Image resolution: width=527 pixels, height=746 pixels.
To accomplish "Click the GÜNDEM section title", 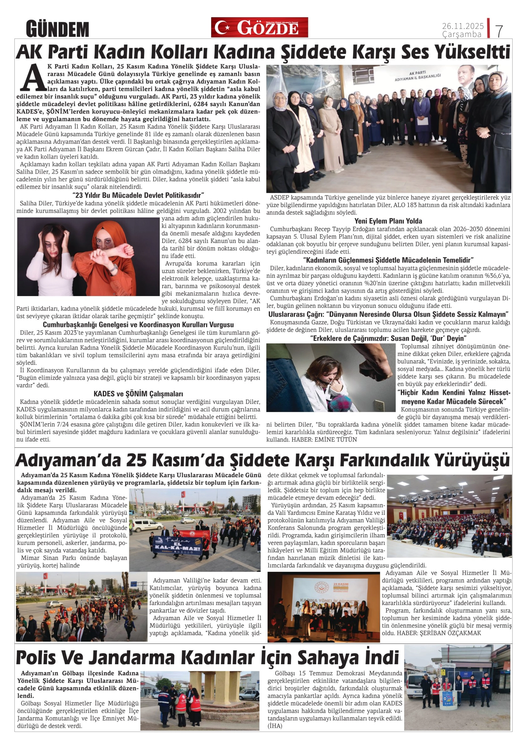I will click(57, 29).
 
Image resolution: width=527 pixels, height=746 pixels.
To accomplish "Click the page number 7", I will click(499, 31).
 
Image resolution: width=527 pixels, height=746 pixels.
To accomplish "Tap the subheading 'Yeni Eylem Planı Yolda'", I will click(388, 221).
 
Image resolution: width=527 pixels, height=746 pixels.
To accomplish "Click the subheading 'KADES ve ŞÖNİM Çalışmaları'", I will click(138, 394).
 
